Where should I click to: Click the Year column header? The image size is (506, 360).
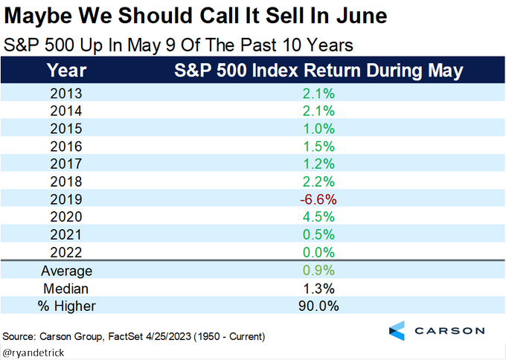65,71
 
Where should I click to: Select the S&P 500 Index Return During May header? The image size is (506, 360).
318,71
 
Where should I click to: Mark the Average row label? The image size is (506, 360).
65,270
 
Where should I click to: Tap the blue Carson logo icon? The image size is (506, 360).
397,330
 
